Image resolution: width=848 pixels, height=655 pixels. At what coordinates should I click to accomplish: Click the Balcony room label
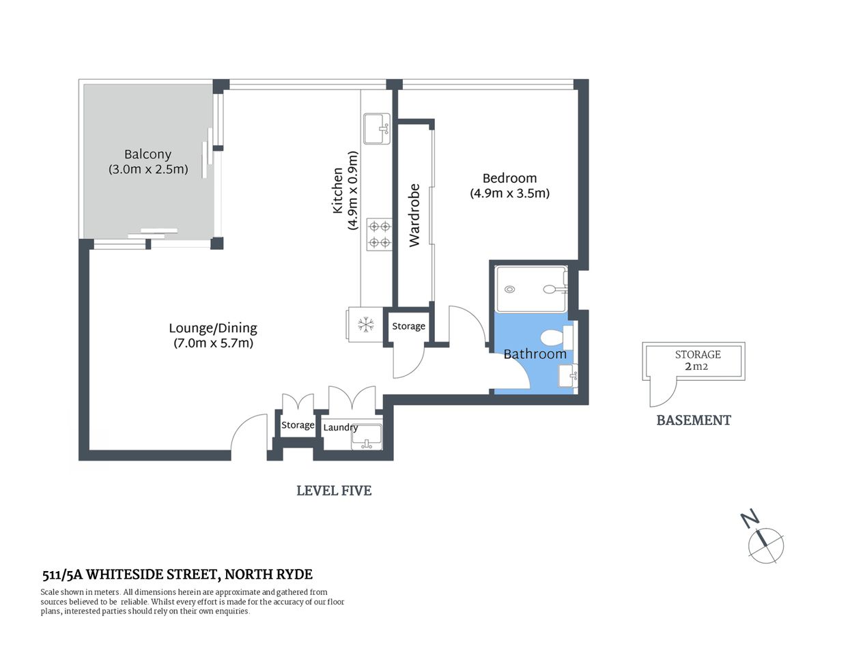tap(147, 155)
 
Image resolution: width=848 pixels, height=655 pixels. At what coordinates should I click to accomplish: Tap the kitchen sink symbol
tap(376, 129)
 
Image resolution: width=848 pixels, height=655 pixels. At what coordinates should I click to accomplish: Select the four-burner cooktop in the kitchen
tap(379, 234)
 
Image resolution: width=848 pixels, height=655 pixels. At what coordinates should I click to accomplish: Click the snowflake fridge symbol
tap(367, 325)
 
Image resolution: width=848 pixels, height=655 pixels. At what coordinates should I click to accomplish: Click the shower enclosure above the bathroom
tap(531, 289)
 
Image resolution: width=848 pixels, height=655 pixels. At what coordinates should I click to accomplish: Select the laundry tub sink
tap(367, 437)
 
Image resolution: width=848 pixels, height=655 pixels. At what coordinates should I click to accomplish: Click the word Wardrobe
tap(414, 215)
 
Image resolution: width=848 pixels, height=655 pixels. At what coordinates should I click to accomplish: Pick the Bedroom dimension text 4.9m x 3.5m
tap(509, 193)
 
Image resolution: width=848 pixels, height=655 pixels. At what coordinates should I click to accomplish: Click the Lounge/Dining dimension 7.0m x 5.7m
tap(213, 343)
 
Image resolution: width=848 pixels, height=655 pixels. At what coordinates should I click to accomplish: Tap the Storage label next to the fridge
tap(408, 326)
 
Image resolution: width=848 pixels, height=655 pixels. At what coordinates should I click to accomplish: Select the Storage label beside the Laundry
tap(298, 425)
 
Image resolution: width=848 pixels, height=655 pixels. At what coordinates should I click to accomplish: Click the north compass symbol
tap(765, 544)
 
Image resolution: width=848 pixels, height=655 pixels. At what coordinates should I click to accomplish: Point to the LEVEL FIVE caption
tap(334, 491)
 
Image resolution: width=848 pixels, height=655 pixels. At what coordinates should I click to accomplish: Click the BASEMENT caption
tap(694, 420)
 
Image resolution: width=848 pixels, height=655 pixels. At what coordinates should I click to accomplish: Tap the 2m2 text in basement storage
tap(696, 366)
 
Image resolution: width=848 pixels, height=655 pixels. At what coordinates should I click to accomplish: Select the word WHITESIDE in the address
tap(128, 574)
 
